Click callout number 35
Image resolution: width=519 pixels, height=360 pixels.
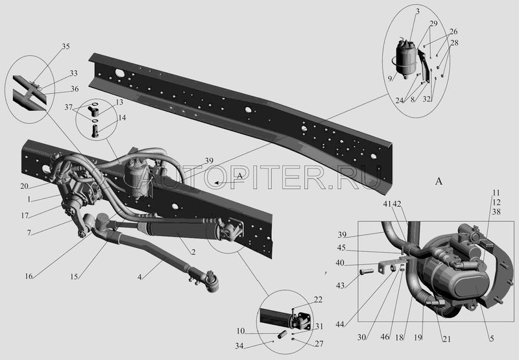point(66,46)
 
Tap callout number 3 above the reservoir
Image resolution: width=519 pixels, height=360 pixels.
point(418,12)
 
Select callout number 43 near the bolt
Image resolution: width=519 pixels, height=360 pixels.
point(340,285)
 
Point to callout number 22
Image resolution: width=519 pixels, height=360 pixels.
point(318,300)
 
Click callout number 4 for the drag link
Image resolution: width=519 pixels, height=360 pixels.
point(139,277)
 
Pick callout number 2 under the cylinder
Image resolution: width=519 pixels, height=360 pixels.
point(193,252)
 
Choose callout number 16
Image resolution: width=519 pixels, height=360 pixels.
point(29,276)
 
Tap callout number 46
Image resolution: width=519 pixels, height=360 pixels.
point(385,337)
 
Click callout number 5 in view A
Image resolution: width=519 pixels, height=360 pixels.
point(492,339)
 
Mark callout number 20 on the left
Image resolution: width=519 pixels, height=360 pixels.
point(24,186)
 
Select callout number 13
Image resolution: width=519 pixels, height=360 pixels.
point(119,102)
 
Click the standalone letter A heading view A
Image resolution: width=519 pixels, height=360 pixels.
point(439,181)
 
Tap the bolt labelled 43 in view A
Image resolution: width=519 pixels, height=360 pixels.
point(367,272)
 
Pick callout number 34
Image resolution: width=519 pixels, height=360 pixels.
point(239,346)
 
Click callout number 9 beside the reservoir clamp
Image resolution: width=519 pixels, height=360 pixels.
point(391,78)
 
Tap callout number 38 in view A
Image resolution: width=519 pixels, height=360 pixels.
point(496,211)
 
